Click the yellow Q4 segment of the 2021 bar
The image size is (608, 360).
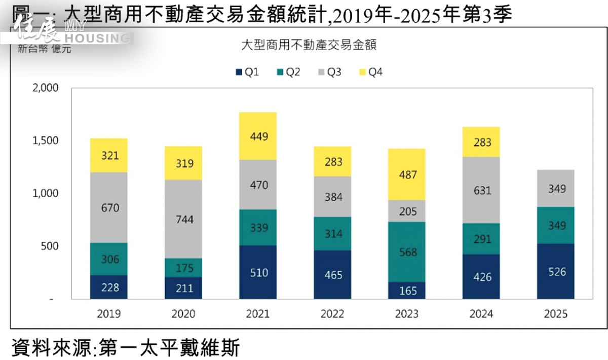[258, 136]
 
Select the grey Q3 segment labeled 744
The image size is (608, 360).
[183, 219]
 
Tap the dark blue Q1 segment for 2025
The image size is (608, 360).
[556, 271]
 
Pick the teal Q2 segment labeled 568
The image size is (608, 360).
[407, 251]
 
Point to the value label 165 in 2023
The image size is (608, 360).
[407, 291]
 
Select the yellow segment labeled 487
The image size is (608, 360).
[407, 174]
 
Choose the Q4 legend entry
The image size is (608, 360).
[370, 73]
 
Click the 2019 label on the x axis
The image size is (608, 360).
[109, 314]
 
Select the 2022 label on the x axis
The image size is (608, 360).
[332, 314]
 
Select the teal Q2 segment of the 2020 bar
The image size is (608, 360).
[183, 267]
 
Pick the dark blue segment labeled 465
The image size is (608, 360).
[332, 274]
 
